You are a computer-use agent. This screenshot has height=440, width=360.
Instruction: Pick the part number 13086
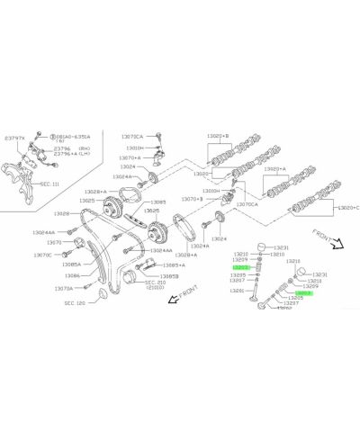point(71,275)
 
